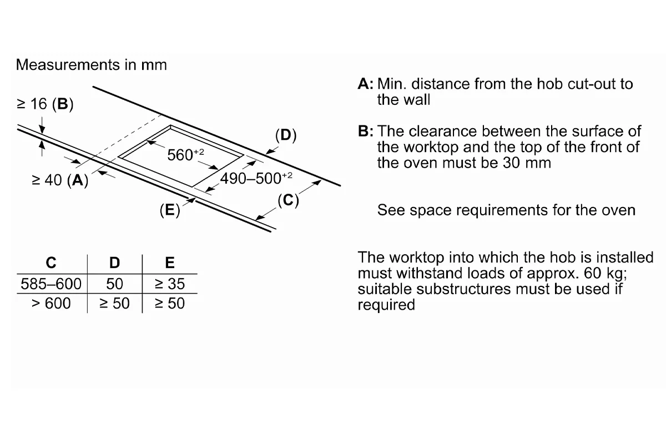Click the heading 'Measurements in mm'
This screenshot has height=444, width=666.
tap(91, 65)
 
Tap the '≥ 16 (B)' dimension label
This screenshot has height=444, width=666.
tap(45, 104)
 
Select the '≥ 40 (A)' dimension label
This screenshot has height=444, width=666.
tap(60, 180)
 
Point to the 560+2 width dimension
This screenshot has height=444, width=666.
tap(185, 154)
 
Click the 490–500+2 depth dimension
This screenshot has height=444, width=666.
tap(256, 178)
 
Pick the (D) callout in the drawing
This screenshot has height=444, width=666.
tap(286, 135)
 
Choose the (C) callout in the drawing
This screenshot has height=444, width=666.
tap(288, 200)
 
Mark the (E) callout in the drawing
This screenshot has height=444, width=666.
tap(170, 210)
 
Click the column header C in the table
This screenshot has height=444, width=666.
tap(51, 263)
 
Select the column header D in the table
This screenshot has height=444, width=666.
tap(114, 263)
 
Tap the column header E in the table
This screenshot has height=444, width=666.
tap(170, 263)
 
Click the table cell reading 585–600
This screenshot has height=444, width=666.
tap(51, 284)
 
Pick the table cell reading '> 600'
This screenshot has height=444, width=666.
tap(51, 304)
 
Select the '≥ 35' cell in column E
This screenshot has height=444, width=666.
tap(170, 284)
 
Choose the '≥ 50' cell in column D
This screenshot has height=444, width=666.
tap(114, 304)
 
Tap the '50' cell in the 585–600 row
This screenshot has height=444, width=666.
tap(114, 284)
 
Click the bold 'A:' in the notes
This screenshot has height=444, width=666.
tap(365, 84)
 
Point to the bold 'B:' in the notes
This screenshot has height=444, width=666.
tap(365, 131)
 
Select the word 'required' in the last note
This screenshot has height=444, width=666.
tap(386, 305)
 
